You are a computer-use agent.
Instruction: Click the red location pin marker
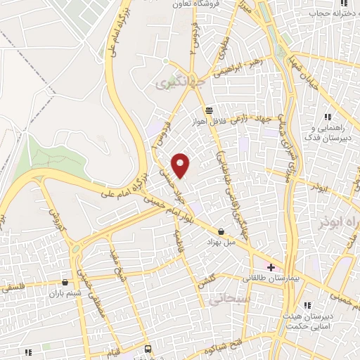click(x=181, y=165)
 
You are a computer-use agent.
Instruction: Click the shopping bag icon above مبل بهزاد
click(x=221, y=231)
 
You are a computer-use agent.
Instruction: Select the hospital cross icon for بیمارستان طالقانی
click(x=271, y=267)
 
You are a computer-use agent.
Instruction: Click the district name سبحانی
click(x=225, y=300)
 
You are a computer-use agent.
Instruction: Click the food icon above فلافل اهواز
click(x=208, y=110)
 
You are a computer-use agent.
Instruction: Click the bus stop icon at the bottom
click(x=148, y=349)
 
